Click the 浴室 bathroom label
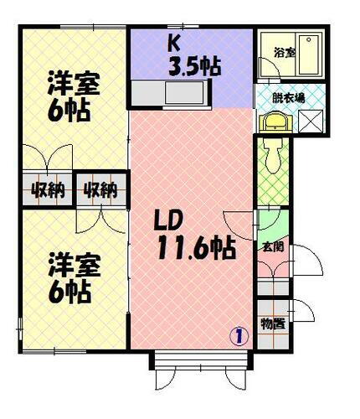pos(285,53)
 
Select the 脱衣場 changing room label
pos(288,96)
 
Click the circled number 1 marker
pos(239,338)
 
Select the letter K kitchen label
pos(175,44)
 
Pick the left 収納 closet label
pos(48,189)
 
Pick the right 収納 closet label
pos(99,189)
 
